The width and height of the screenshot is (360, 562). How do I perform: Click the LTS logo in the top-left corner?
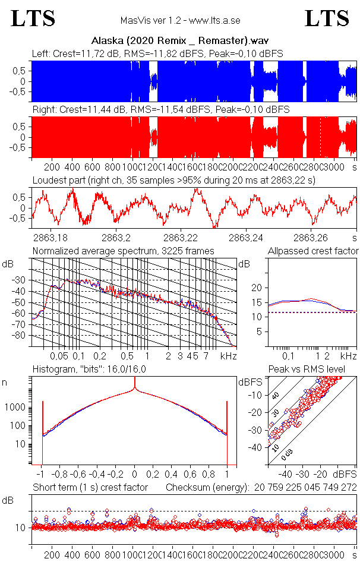[x=33, y=18]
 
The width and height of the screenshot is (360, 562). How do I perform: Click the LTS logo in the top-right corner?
[x=327, y=18]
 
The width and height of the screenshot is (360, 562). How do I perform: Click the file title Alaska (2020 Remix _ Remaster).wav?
[x=180, y=41]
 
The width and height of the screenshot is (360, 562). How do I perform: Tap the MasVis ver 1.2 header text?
[x=180, y=20]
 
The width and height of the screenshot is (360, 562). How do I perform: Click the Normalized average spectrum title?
[x=123, y=251]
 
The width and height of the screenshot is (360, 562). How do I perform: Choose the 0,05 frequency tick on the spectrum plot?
[x=59, y=356]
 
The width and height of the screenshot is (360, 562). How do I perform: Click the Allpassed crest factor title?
[x=313, y=251]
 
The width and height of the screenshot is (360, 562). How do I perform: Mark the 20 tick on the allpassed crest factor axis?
[x=257, y=288]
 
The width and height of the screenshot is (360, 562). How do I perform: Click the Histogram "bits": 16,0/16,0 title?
[x=89, y=370]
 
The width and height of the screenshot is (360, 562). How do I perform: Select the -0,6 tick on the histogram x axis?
[x=78, y=475]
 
